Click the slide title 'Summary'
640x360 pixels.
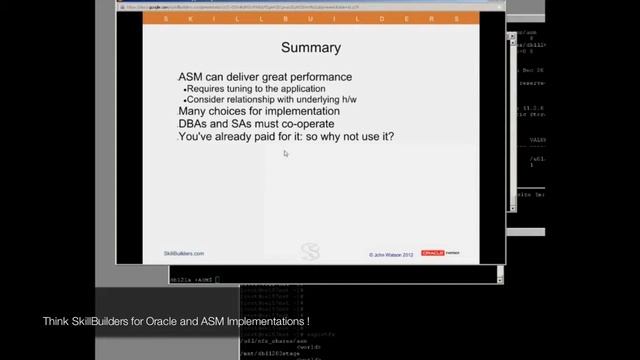coord(310,48)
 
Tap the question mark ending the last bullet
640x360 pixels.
coord(390,135)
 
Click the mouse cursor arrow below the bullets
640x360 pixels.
coord(286,154)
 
